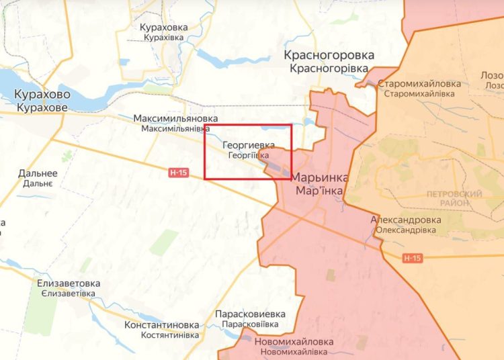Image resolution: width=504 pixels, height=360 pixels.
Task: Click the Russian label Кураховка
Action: tap(163, 28)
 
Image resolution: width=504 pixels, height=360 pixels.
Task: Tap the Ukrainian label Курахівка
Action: tap(163, 38)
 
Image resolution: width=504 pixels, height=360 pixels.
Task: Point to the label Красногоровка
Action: tap(329, 56)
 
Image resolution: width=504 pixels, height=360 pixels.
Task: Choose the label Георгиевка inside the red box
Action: tap(249, 145)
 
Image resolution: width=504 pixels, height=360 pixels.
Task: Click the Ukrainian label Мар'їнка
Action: tap(319, 191)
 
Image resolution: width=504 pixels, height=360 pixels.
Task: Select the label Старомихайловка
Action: tap(419, 84)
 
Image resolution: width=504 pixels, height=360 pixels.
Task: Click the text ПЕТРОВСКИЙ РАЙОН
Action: tap(454, 199)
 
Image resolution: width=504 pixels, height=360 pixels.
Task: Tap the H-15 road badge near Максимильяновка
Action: tap(177, 173)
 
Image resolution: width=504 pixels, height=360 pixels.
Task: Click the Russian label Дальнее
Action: tap(38, 173)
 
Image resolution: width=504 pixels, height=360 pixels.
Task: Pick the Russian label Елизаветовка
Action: tap(69, 283)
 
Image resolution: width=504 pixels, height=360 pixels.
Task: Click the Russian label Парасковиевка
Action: tap(250, 314)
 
